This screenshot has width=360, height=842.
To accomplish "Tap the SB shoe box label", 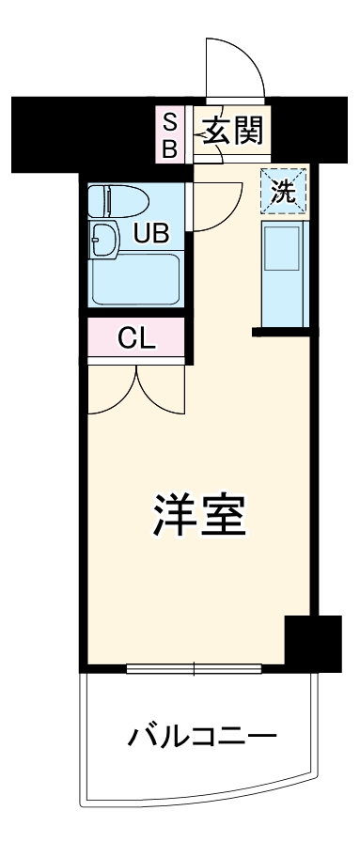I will coord(170,133).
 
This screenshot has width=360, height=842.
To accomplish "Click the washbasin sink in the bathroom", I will coord(104,240).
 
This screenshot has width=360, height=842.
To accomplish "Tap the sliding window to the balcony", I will coord(193,669).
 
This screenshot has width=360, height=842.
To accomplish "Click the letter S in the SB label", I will coord(170,120).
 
